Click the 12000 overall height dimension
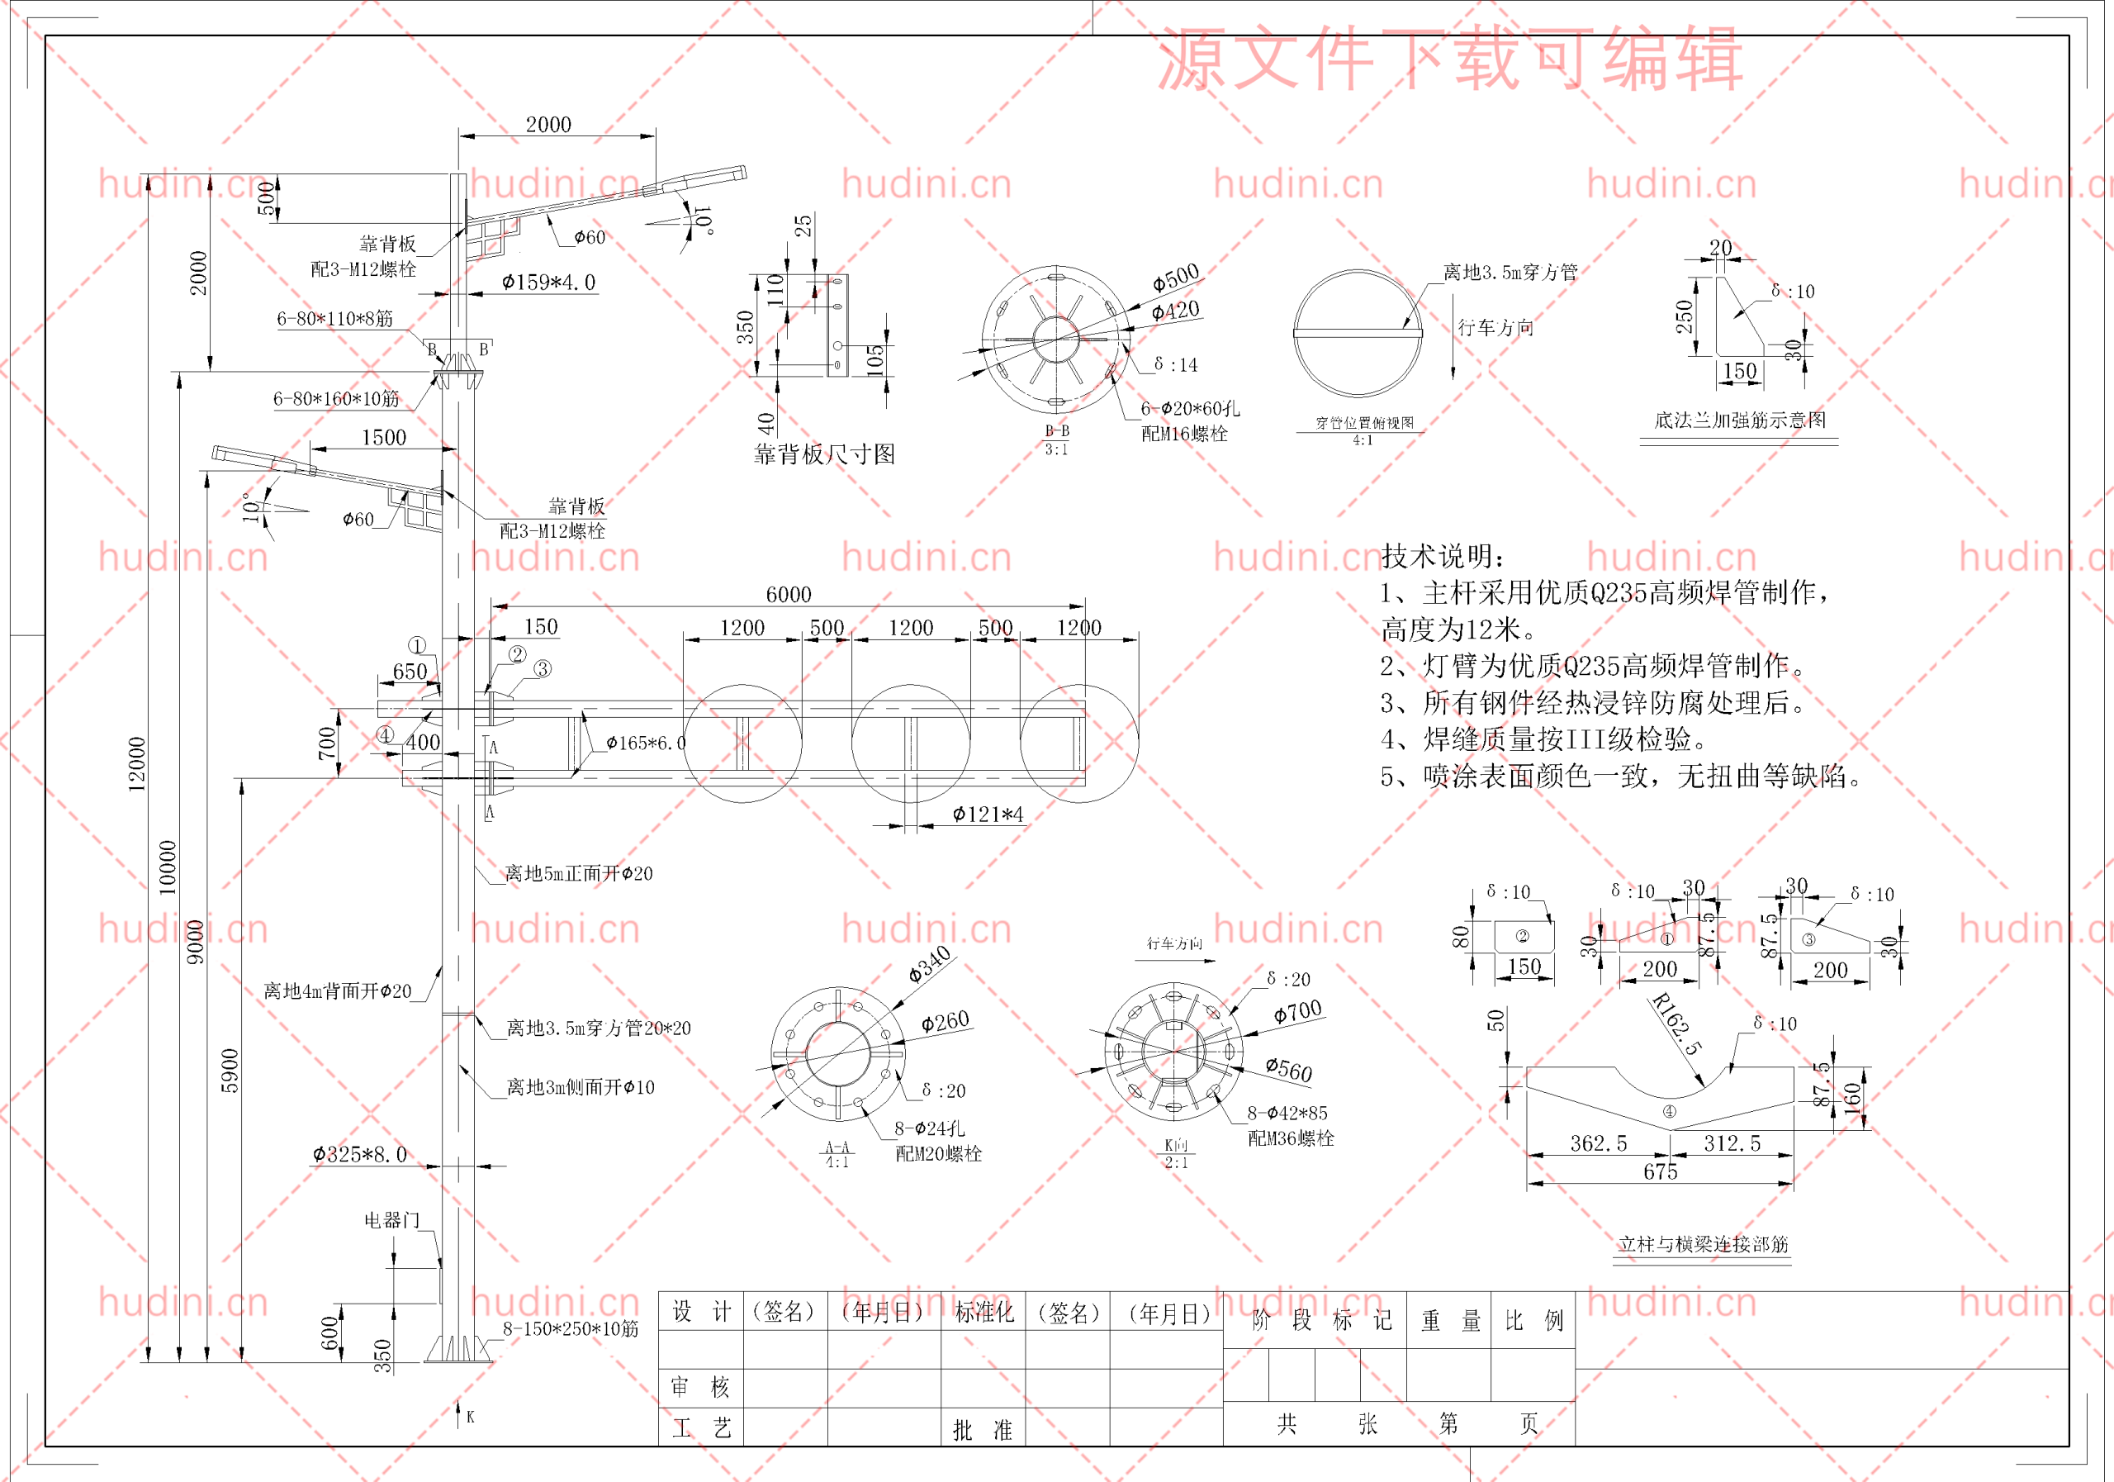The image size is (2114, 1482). [136, 763]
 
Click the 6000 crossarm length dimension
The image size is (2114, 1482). [788, 594]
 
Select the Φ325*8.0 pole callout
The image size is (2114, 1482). [359, 1154]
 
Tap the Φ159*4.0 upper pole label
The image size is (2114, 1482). [549, 282]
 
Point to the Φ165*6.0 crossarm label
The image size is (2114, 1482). [646, 743]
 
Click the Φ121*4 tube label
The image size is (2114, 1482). [987, 815]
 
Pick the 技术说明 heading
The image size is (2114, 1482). [1443, 555]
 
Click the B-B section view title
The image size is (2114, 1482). [1057, 430]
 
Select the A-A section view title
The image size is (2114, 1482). [837, 1147]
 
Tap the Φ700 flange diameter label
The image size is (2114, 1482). [1297, 1012]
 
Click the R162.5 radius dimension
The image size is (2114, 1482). [1676, 1024]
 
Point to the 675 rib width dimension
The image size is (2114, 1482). [1660, 1171]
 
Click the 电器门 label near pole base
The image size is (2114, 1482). [391, 1220]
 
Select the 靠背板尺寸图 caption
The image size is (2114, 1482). [824, 454]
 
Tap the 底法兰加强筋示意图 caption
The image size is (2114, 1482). [1739, 420]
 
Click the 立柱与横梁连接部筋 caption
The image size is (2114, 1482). [1704, 1244]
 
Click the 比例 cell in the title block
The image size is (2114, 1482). [1534, 1321]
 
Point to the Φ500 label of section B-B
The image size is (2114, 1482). [1176, 276]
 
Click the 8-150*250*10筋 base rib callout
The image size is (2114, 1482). [570, 1328]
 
